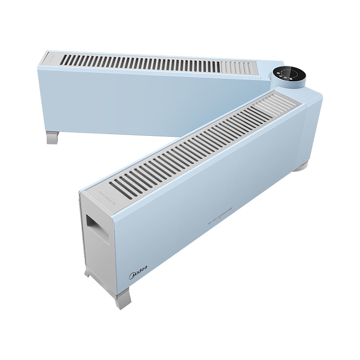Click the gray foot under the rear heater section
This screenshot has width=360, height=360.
[53, 137]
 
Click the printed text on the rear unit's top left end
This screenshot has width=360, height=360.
[51, 58]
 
